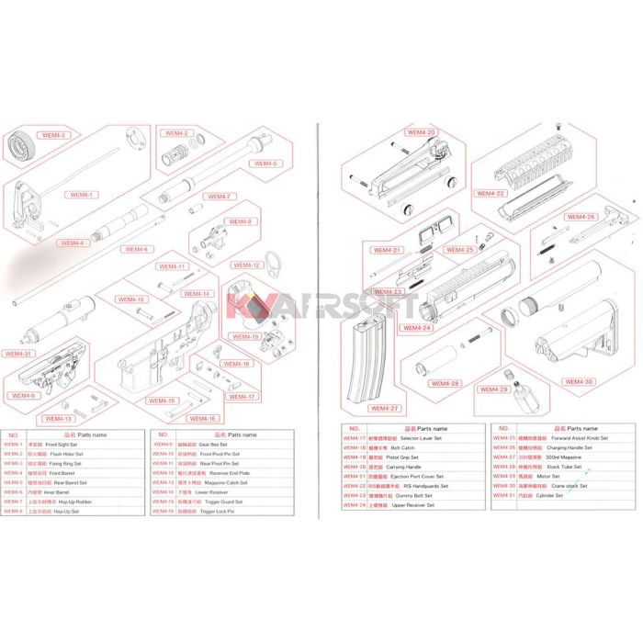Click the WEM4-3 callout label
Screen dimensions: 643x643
(x=55, y=136)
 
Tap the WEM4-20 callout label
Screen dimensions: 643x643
(x=420, y=132)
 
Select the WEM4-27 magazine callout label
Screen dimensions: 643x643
(x=385, y=408)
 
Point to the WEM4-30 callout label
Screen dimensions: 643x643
(x=579, y=382)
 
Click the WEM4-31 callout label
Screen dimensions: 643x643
(x=17, y=354)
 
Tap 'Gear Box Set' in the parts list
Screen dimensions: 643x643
(x=219, y=444)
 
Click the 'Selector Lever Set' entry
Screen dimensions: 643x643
(x=423, y=438)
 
